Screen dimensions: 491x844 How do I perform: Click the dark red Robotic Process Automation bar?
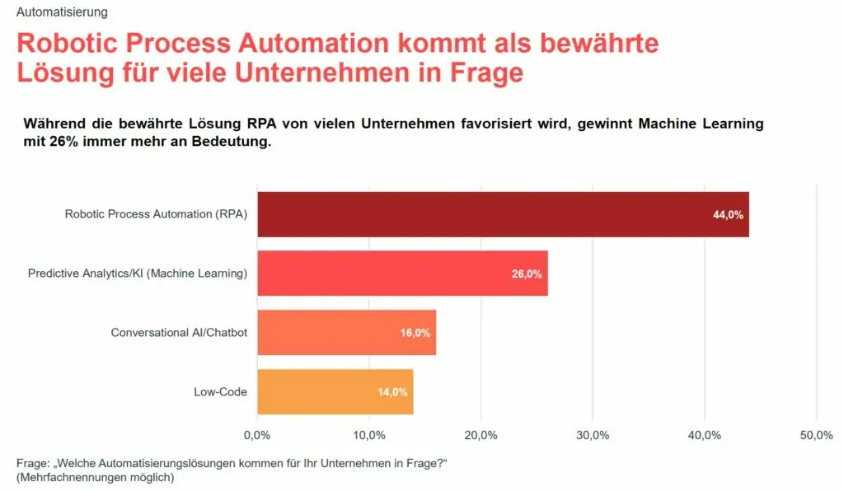click(503, 214)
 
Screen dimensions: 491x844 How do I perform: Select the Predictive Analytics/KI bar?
click(402, 274)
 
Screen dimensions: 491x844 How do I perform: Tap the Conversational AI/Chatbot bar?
click(346, 333)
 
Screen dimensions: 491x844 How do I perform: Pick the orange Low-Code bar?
click(335, 391)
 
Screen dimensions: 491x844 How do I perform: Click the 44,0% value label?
click(728, 215)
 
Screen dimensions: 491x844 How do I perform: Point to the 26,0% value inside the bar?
click(527, 274)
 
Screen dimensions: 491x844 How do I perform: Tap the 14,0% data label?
click(392, 392)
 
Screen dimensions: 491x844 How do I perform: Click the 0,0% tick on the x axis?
click(257, 435)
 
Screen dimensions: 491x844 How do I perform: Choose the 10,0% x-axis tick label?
click(369, 435)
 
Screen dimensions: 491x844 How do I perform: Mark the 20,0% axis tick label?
click(481, 435)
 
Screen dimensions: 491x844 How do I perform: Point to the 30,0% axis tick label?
click(593, 435)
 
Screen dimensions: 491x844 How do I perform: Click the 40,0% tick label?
click(705, 435)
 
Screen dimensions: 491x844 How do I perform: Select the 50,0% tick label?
click(816, 435)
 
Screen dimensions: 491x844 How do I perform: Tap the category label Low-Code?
click(220, 391)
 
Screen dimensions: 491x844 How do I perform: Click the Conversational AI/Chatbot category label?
click(179, 333)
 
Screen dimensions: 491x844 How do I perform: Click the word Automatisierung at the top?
click(62, 12)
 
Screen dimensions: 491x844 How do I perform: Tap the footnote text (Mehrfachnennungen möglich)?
click(95, 477)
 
